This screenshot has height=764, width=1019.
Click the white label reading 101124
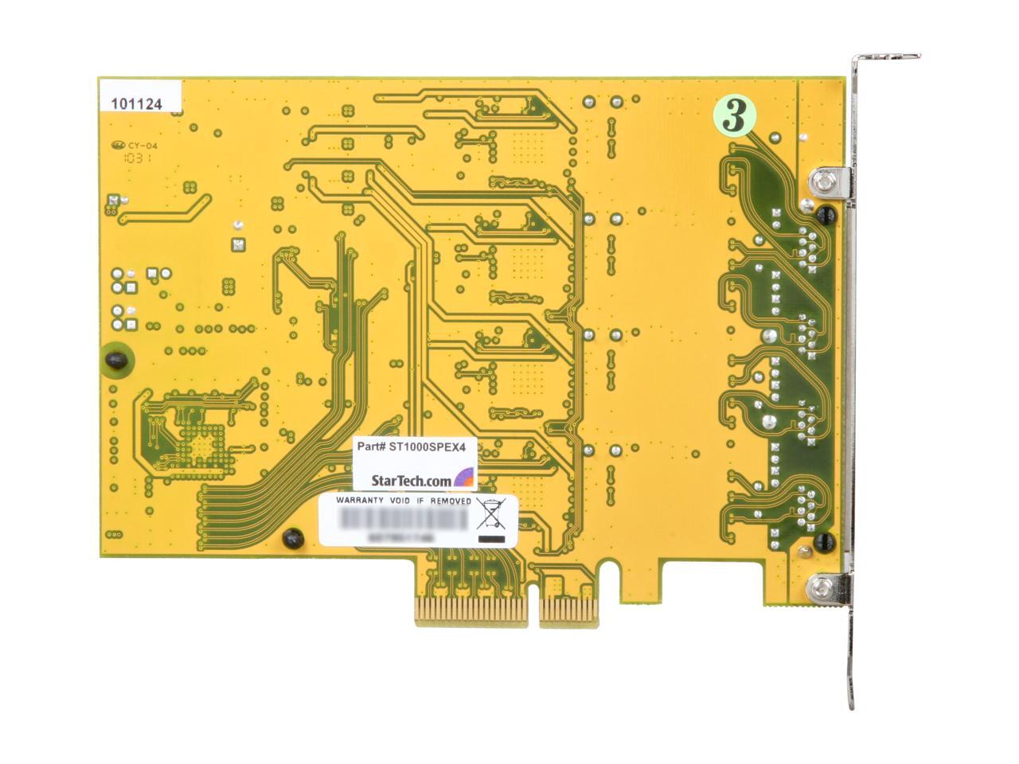137,103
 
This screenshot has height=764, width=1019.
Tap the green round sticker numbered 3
736,116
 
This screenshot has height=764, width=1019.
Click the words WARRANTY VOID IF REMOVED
404,501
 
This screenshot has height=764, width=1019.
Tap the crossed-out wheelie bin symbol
492,515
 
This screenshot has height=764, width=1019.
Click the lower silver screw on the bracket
821,590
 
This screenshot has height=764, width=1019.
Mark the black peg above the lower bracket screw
824,543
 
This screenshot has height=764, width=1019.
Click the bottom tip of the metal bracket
851,700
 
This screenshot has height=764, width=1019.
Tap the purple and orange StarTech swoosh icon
464,478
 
